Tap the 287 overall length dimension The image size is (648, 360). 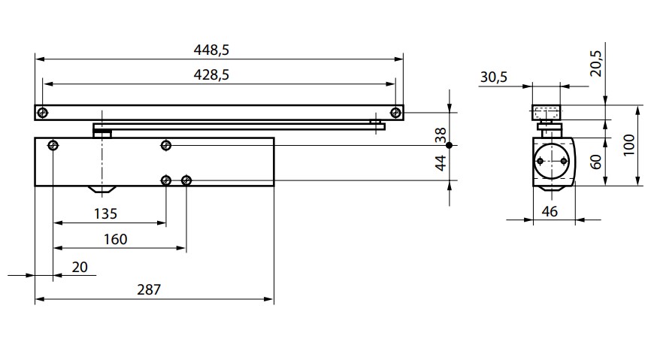point(150,289)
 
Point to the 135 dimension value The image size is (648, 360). point(105,213)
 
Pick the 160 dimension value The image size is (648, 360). point(115,240)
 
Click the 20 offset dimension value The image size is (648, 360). point(78,266)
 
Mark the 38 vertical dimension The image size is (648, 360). point(441,135)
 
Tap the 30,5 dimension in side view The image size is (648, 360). point(493,77)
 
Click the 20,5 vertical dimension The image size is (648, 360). point(595,65)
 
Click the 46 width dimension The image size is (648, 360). point(550,212)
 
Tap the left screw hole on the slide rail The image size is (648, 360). point(43,113)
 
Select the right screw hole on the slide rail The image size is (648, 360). point(395,113)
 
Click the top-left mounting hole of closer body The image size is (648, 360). point(53,145)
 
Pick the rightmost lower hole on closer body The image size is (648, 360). point(186,180)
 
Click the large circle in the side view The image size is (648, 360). point(553,161)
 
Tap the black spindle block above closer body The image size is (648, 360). point(102,132)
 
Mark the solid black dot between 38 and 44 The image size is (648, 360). point(449,145)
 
